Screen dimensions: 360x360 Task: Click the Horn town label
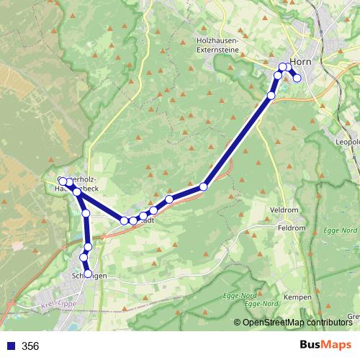[300, 62]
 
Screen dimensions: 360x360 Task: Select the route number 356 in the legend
[30, 346]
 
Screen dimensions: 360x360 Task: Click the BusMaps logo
[325, 346]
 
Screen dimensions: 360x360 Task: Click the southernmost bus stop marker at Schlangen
[89, 274]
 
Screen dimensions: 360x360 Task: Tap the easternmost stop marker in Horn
[297, 78]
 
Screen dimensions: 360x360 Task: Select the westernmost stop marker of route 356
[63, 181]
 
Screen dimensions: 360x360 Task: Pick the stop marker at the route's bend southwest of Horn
[271, 96]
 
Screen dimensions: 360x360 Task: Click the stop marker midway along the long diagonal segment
[204, 186]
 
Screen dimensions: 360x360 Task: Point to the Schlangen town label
[90, 276]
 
